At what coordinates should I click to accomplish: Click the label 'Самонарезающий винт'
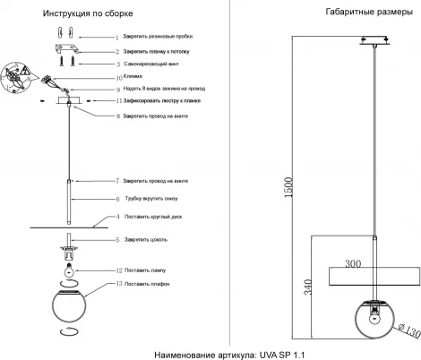click(156, 65)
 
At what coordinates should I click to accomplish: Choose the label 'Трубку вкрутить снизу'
click(161, 198)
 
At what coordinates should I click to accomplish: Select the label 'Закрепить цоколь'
click(150, 240)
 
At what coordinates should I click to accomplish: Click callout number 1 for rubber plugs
click(116, 37)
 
